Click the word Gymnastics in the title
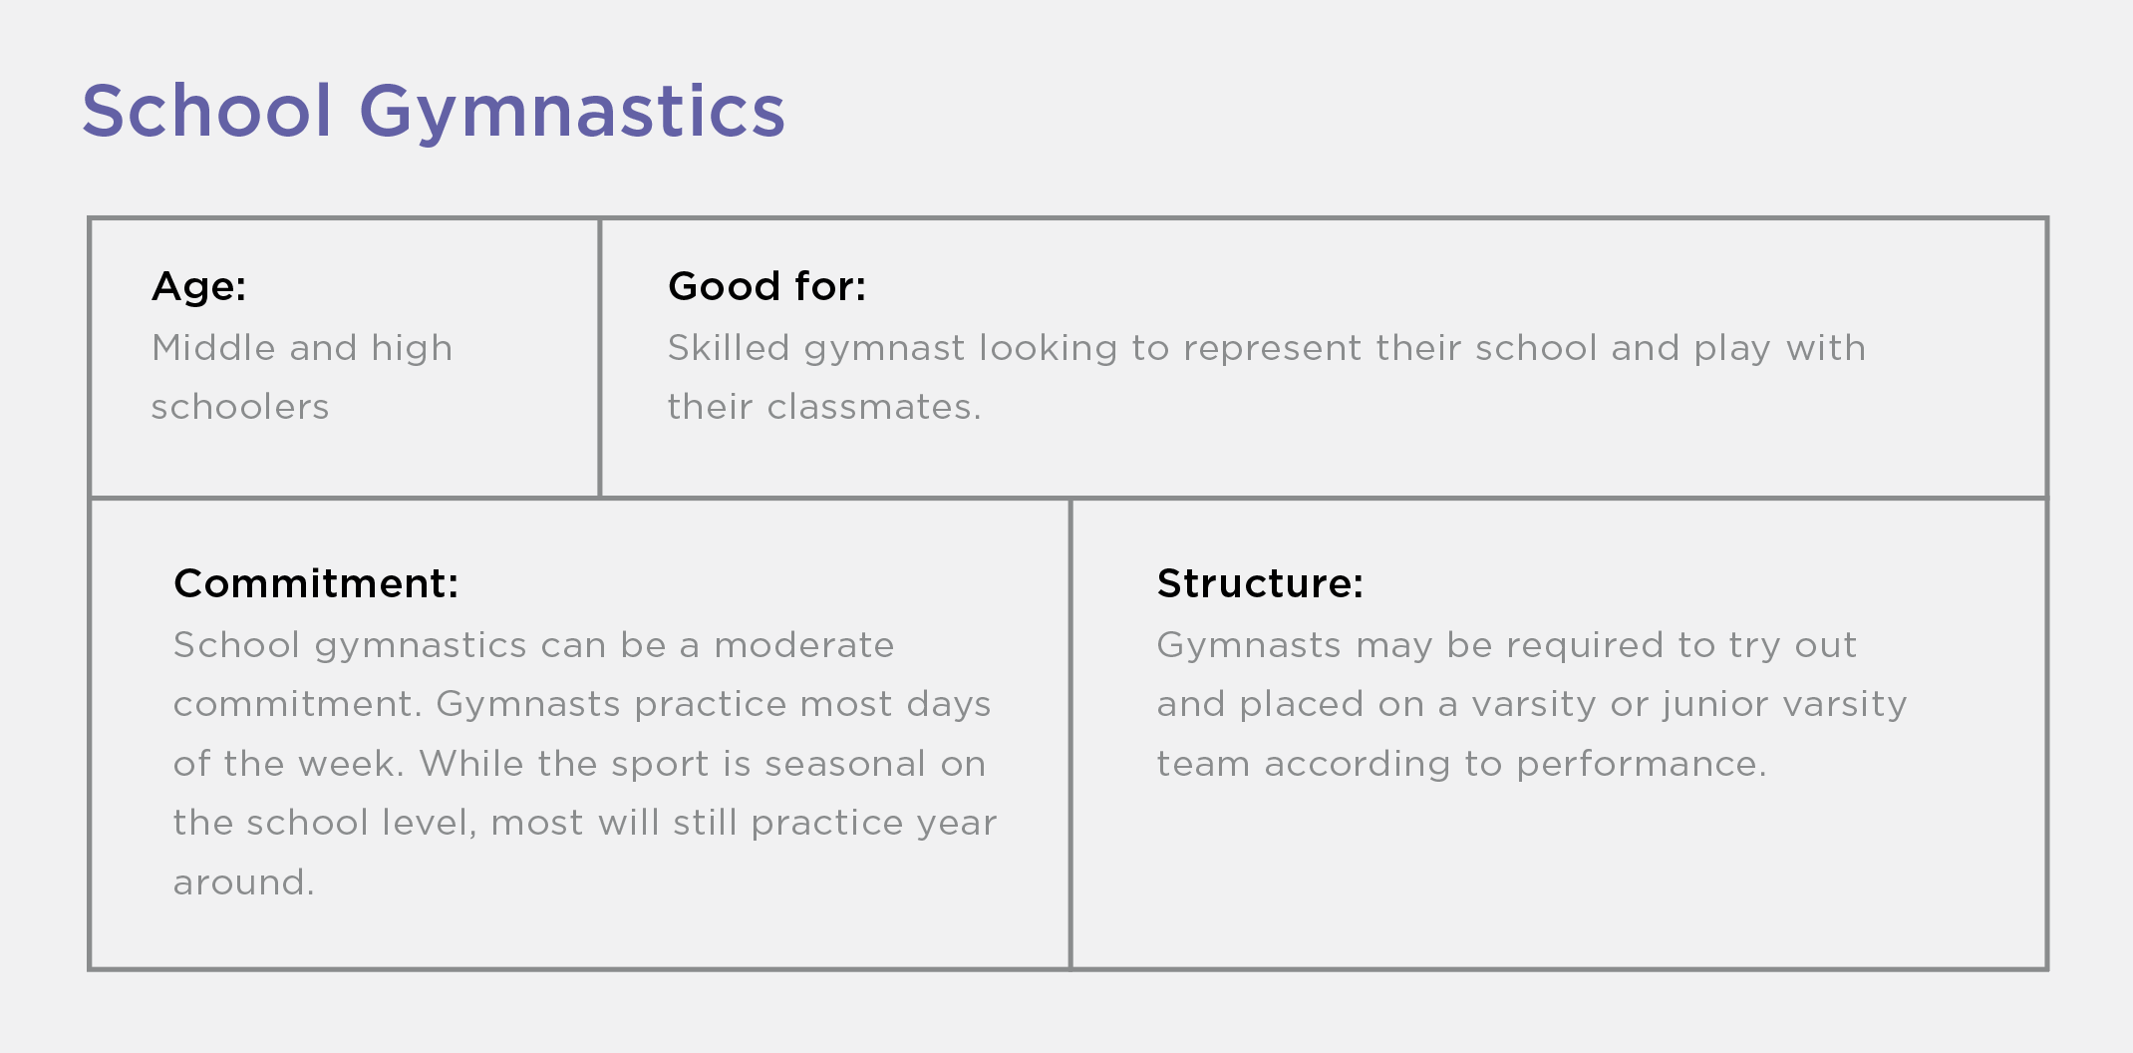572,112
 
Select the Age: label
198,286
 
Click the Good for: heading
766,286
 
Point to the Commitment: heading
316,583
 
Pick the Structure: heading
1260,583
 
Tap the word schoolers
240,407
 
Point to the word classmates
870,407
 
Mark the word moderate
803,645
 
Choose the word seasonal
845,764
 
